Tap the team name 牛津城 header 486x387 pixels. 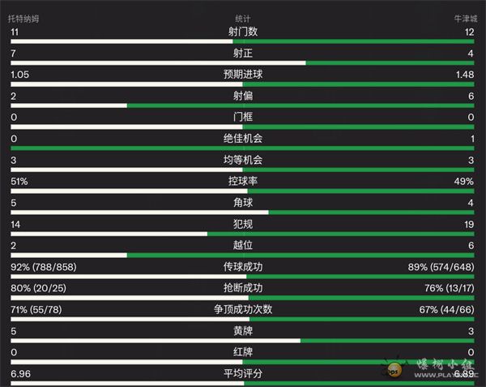[x=467, y=19]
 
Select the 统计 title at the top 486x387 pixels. [x=242, y=19]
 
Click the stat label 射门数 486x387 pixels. [x=243, y=32]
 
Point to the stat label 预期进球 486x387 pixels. [x=243, y=75]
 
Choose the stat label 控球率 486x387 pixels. [x=243, y=181]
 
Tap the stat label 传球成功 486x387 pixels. [x=243, y=266]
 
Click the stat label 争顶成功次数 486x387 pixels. [x=243, y=309]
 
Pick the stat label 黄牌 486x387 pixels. [x=243, y=330]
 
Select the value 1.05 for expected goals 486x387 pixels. [x=20, y=75]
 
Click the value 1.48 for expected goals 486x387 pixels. [x=466, y=75]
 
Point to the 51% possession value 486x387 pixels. [x=19, y=181]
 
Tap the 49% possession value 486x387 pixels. [x=467, y=181]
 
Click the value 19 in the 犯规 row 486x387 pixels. [x=470, y=224]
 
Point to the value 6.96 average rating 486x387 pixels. [x=20, y=373]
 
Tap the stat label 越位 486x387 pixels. [x=243, y=245]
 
